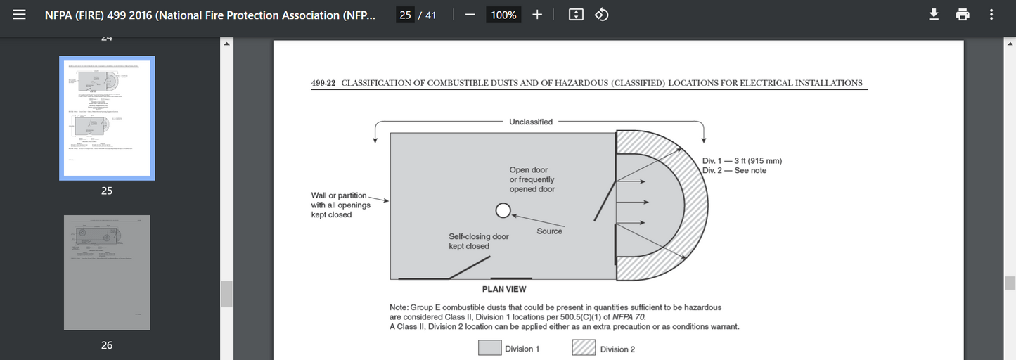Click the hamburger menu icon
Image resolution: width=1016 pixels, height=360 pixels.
20,15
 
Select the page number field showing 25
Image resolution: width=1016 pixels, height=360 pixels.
405,15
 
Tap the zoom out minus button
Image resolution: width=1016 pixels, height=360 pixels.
470,15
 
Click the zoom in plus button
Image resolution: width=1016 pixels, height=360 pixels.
537,15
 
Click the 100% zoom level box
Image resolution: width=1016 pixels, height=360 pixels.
503,15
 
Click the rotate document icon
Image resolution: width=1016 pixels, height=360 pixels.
602,15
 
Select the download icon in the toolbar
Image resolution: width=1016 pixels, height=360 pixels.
934,15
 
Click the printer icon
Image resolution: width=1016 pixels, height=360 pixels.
963,15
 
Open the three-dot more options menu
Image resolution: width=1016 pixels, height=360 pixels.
991,15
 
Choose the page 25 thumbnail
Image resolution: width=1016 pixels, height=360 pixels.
107,118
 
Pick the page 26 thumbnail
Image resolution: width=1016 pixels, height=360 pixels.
107,273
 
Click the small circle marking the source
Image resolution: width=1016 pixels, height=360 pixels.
502,210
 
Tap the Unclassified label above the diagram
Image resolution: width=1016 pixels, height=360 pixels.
531,122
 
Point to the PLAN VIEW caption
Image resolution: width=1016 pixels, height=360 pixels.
504,289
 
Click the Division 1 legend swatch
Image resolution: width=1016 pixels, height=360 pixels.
489,348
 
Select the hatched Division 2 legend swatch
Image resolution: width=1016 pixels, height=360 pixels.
584,348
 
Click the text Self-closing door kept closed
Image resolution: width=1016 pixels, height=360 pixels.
478,241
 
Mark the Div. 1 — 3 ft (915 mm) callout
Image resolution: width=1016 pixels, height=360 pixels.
742,161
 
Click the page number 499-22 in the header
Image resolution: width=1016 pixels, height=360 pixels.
323,83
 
